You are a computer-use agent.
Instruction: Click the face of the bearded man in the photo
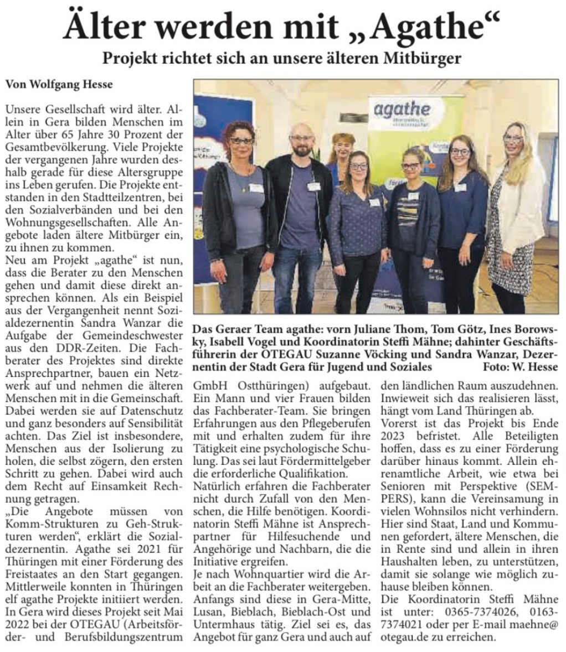[303, 143]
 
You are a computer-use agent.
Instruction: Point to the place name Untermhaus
[220, 625]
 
